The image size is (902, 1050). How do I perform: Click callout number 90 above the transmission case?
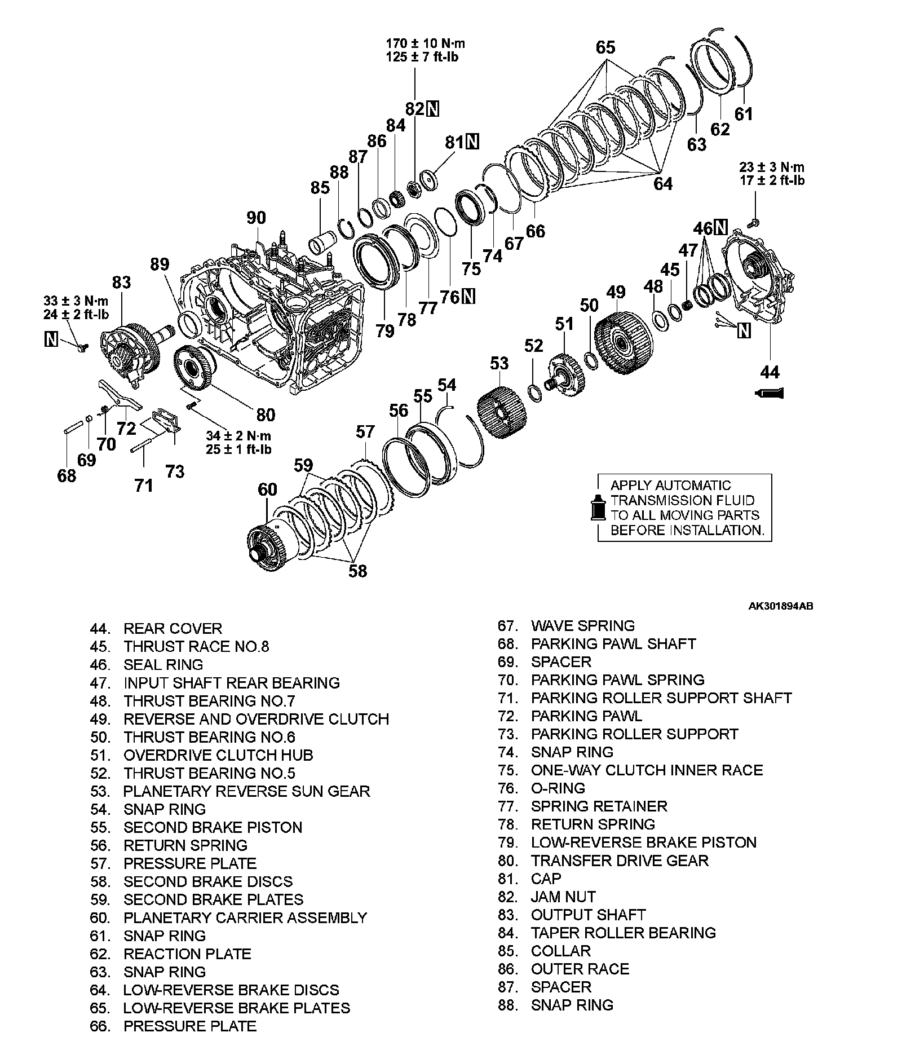257,218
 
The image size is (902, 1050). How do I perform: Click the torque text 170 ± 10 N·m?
426,43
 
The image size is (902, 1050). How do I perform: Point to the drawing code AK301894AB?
780,606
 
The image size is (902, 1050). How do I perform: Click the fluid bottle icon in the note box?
596,507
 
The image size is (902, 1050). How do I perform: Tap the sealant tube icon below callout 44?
769,393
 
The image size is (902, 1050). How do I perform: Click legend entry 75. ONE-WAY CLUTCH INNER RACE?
630,770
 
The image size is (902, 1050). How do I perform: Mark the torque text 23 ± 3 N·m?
771,167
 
